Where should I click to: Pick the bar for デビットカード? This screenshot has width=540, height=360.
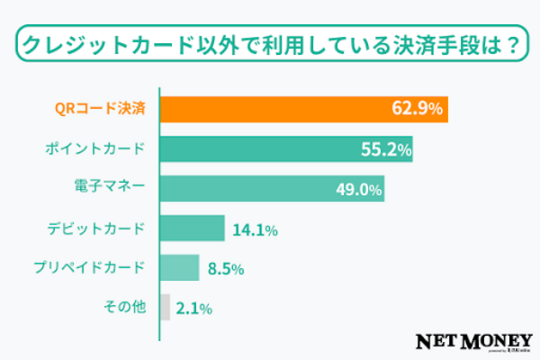click(x=192, y=228)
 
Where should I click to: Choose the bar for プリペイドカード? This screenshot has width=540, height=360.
click(x=179, y=267)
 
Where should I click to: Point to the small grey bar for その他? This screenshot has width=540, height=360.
click(x=165, y=308)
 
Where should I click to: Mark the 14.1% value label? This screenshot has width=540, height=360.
click(x=255, y=229)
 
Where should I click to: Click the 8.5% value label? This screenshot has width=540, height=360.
click(x=226, y=268)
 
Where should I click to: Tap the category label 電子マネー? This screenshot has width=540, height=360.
click(x=110, y=189)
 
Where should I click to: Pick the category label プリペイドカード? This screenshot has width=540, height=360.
click(x=95, y=268)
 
